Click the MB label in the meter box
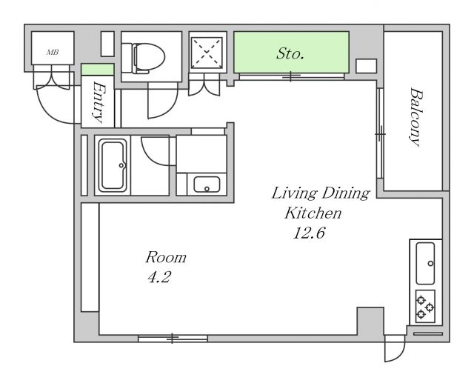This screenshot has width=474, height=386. coord(53,53)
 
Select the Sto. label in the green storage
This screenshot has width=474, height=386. coord(290,54)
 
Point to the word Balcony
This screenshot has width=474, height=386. coord(415,117)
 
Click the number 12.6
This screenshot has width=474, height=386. coord(309,233)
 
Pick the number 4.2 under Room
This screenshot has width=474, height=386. coord(159,277)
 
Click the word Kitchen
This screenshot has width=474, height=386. coord(313,213)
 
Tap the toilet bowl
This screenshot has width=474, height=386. coord(148,59)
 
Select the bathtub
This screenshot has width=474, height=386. coord(113,165)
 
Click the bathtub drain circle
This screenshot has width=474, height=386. coord(121,165)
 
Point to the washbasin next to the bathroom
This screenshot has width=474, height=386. coord(207,184)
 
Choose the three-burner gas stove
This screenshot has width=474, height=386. coord(425,307)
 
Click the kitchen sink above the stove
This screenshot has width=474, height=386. coord(425,263)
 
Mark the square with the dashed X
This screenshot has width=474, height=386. coord(207,52)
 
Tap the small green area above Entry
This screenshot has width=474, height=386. coord(98,70)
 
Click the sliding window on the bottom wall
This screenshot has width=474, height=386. coord(173,338)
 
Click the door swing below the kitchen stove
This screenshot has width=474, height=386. coord(395,348)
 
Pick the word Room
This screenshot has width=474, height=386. coord(166,257)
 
